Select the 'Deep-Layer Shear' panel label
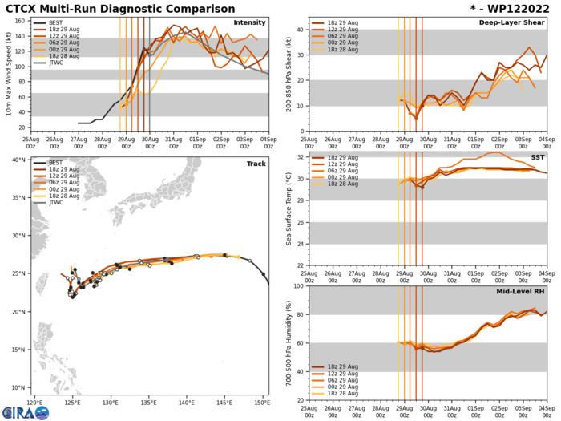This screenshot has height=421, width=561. coord(513,22)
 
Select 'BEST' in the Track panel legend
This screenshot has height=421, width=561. coord(62,163)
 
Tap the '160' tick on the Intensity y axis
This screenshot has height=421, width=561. coord(22,19)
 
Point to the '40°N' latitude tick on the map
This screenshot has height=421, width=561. coord(19,160)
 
